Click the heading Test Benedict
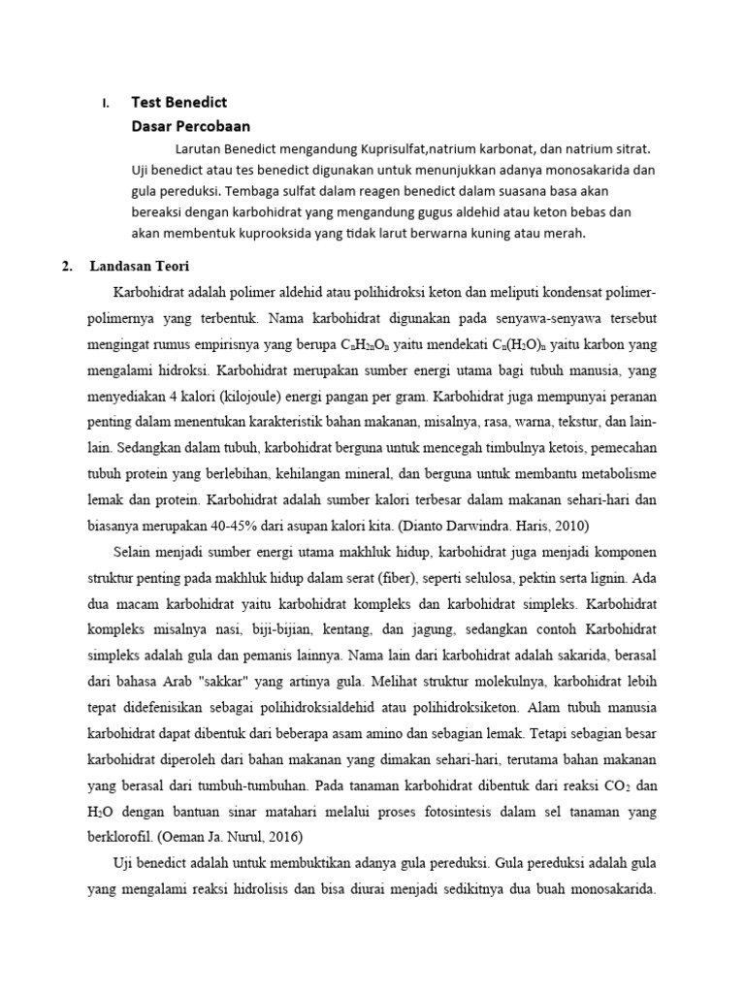[x=178, y=103]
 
